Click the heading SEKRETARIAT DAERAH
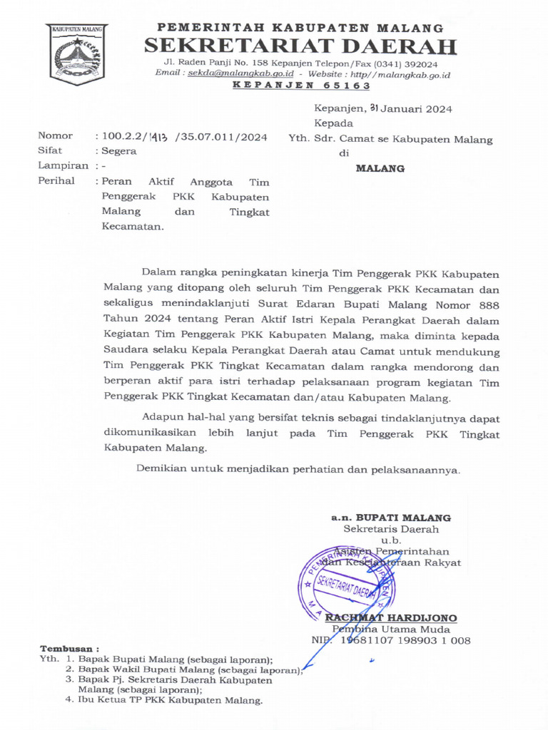click(300, 47)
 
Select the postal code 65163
click(344, 86)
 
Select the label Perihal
click(56, 181)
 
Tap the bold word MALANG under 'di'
click(380, 169)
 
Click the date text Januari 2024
click(416, 109)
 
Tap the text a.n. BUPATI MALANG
click(390, 518)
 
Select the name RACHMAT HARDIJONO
click(391, 617)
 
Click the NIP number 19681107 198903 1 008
click(404, 641)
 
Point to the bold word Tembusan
click(68, 649)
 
